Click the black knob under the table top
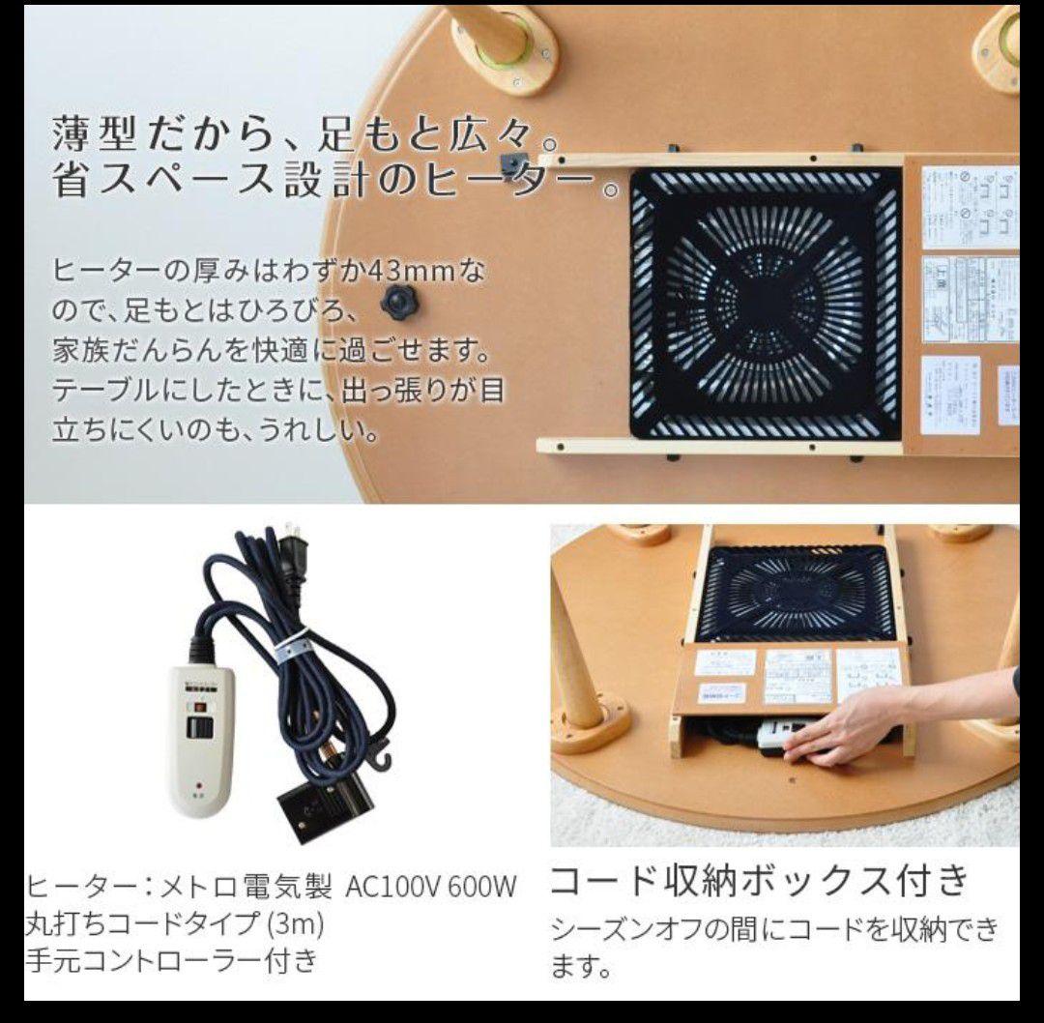coord(398,302)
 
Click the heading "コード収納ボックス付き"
coord(759,880)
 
